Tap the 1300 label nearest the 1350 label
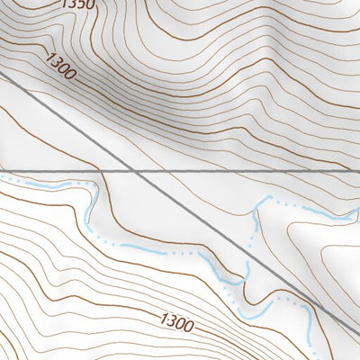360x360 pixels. pyautogui.click(x=60, y=67)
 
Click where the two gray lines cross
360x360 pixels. pyautogui.click(x=133, y=168)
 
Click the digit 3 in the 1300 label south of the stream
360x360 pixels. pyautogui.click(x=171, y=318)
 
